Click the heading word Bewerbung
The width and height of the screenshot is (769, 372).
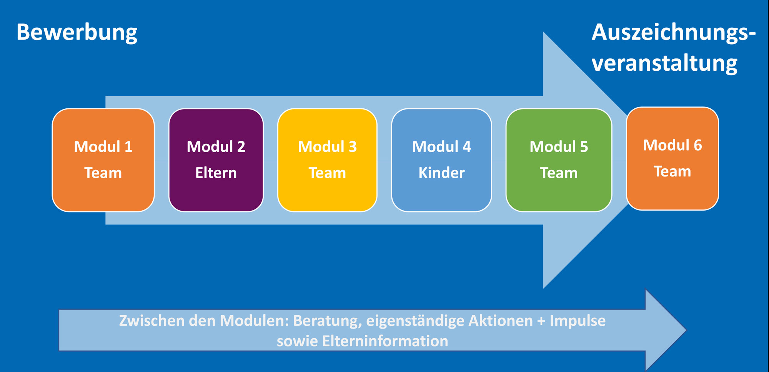(x=77, y=33)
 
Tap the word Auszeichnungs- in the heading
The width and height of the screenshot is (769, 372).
(x=674, y=33)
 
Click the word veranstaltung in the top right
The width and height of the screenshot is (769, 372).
(x=664, y=63)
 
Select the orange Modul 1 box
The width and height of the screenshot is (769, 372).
(x=103, y=160)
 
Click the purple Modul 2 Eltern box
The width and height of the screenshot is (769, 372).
(x=216, y=160)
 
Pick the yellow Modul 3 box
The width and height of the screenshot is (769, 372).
(x=327, y=160)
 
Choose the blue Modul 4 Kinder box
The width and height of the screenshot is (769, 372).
(x=441, y=160)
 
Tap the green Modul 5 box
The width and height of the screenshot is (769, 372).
(x=559, y=160)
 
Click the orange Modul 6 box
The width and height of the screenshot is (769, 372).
(x=672, y=158)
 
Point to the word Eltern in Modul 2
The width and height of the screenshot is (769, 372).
(x=216, y=173)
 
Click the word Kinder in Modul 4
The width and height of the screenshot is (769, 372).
(x=441, y=173)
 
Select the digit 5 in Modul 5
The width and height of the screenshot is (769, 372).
(x=584, y=147)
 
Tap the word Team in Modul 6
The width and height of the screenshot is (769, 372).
(x=672, y=171)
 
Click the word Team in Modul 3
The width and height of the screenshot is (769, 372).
(x=327, y=173)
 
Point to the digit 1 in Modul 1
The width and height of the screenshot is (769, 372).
(x=128, y=147)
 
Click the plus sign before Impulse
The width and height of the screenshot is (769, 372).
(x=541, y=321)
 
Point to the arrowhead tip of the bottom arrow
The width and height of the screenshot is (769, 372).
(x=686, y=330)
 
